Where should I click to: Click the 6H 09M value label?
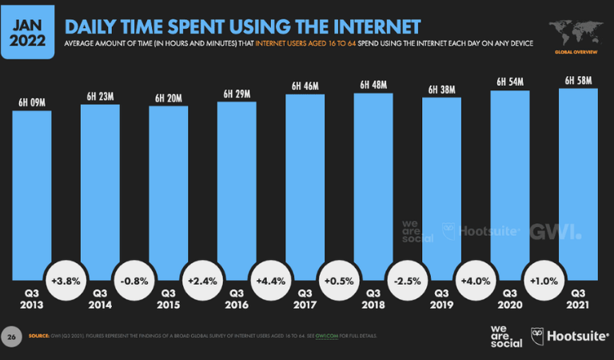(x=32, y=103)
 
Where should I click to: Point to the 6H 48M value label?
(x=373, y=85)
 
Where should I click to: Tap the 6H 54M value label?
(x=510, y=82)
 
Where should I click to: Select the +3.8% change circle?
(x=66, y=282)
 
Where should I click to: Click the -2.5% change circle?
(x=408, y=282)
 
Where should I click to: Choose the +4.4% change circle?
(x=271, y=282)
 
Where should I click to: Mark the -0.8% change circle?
(x=134, y=282)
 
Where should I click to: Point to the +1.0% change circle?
(x=544, y=282)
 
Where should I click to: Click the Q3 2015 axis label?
(x=169, y=298)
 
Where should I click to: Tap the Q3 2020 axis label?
(x=510, y=298)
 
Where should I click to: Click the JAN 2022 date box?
(x=26, y=29)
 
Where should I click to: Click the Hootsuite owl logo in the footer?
(x=539, y=336)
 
